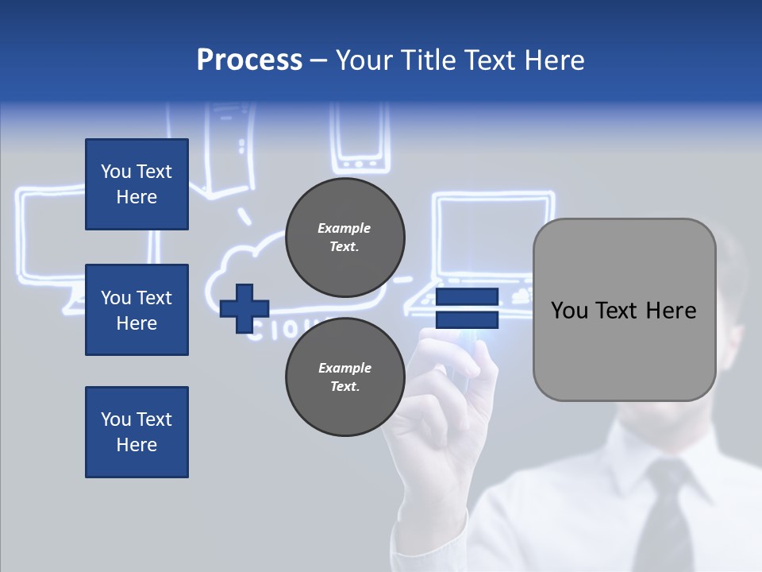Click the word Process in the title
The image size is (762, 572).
pos(249,60)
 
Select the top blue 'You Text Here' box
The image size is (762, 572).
pos(137,184)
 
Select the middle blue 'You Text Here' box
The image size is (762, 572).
pos(137,310)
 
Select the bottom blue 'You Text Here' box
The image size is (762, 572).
pos(137,431)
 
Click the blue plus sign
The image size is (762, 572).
pos(244,308)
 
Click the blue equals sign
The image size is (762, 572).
pos(467,308)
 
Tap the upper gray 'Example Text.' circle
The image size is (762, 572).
pos(344,238)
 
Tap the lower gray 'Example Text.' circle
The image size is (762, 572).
pos(344,377)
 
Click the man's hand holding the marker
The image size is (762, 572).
pos(444,397)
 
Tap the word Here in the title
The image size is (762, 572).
pos(555,60)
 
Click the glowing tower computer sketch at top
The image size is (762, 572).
pos(230,151)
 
